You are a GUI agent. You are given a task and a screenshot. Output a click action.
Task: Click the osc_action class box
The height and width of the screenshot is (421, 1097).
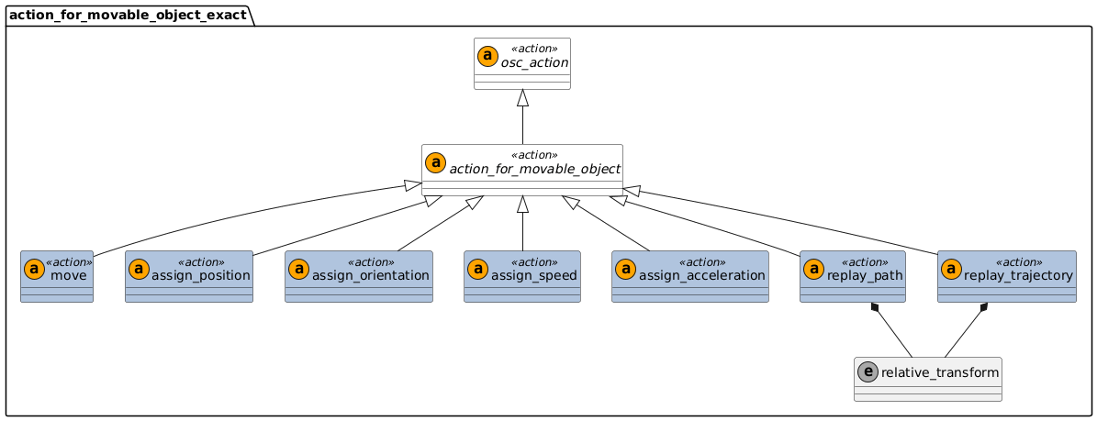[x=521, y=63]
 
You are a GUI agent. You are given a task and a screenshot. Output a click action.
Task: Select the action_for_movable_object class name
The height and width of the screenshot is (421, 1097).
[x=535, y=169]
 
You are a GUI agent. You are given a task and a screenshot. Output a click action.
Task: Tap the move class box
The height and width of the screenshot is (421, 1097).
[x=57, y=276]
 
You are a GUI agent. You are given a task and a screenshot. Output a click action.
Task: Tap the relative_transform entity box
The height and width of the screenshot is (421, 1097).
[x=927, y=379]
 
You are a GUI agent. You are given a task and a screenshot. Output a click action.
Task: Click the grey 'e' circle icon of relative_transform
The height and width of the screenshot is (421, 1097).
[x=868, y=372]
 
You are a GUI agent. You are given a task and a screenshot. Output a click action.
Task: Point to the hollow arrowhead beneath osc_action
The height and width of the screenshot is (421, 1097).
[x=521, y=97]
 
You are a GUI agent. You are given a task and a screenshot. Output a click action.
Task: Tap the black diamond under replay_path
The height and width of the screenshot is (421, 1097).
[x=879, y=308]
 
